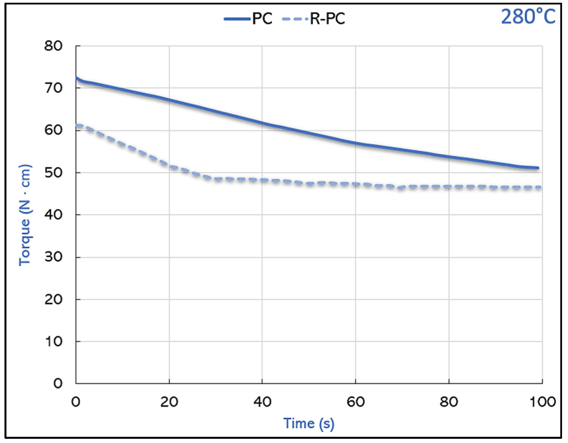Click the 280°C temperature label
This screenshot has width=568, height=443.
pyautogui.click(x=528, y=17)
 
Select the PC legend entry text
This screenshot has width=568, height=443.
pyautogui.click(x=262, y=19)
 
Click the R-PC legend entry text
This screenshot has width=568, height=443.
pyautogui.click(x=327, y=19)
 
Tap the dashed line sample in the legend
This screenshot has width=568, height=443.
pyautogui.click(x=295, y=19)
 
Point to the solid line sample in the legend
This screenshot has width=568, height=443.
pyautogui.click(x=237, y=19)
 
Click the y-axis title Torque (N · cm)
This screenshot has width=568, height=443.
pyautogui.click(x=25, y=215)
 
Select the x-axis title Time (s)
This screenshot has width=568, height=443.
pyautogui.click(x=309, y=423)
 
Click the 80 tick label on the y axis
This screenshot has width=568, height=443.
pyautogui.click(x=53, y=46)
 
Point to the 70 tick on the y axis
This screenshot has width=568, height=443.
pyautogui.click(x=53, y=88)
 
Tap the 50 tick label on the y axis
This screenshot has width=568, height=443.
pyautogui.click(x=53, y=173)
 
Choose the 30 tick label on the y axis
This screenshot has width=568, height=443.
pyautogui.click(x=53, y=257)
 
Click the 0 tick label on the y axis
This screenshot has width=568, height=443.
pyautogui.click(x=58, y=383)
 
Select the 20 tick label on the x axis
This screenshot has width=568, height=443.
pyautogui.click(x=169, y=402)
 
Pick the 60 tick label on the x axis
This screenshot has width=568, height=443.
pyautogui.click(x=355, y=402)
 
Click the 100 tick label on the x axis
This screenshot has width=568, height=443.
pyautogui.click(x=542, y=402)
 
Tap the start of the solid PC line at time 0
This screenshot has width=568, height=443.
pyautogui.click(x=76, y=78)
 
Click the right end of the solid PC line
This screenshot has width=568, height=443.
pyautogui.click(x=538, y=168)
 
